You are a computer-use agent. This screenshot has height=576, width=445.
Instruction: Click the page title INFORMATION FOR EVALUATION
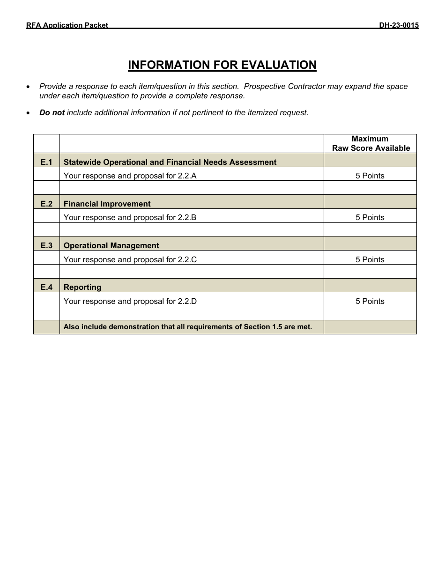222,65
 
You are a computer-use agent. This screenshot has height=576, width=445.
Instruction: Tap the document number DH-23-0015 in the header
399,25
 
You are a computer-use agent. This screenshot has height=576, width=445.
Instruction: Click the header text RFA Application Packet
67,25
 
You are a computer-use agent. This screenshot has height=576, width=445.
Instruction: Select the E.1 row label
46,162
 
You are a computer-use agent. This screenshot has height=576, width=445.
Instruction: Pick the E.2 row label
46,204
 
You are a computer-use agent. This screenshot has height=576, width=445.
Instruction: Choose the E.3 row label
46,245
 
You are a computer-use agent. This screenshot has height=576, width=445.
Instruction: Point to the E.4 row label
46,287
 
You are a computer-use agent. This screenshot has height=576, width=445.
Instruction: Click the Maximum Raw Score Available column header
370,143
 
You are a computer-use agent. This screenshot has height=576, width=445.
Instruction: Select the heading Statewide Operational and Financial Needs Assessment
170,162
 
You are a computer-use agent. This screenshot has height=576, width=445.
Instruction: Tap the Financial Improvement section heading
107,204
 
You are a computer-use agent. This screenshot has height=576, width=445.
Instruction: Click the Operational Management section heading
111,245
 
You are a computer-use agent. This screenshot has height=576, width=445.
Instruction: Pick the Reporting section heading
82,287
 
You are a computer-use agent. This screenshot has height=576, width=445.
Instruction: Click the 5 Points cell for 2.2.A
370,176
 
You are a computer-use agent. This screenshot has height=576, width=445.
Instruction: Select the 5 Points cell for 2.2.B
370,217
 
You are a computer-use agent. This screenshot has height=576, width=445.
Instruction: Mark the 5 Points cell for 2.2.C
370,259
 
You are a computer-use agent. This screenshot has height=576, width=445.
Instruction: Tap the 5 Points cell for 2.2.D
370,301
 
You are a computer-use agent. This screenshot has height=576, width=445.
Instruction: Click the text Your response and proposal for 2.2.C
130,259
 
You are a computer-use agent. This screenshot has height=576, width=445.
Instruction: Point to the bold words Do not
52,112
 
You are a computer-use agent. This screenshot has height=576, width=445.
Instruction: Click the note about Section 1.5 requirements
187,327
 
